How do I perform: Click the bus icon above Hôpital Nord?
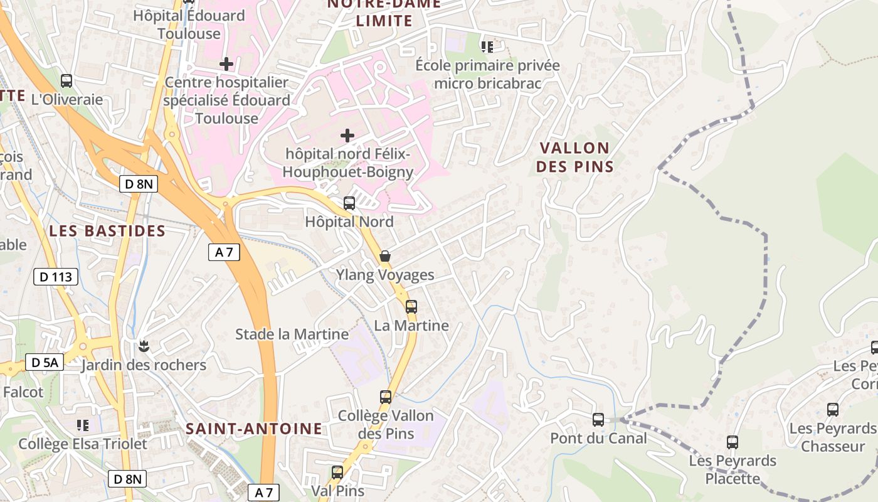tap(349, 203)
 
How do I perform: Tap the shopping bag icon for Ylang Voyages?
tap(385, 256)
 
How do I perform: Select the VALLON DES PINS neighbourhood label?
tap(574, 157)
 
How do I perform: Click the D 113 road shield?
tap(55, 277)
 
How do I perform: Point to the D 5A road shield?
tap(45, 362)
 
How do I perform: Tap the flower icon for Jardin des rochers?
tap(144, 346)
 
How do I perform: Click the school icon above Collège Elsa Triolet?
tap(83, 425)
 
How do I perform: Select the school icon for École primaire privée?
tap(487, 46)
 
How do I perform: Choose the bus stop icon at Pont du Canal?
tap(598, 419)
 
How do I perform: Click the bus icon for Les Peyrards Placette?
tap(733, 442)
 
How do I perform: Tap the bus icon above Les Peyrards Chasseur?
tap(833, 410)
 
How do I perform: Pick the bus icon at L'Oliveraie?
tap(66, 81)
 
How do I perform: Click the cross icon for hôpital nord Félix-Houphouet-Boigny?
tap(347, 136)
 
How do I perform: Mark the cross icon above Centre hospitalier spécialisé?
tap(226, 64)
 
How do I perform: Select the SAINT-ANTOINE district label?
tap(254, 429)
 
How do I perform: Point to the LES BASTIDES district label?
tap(107, 231)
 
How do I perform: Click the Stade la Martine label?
tap(292, 334)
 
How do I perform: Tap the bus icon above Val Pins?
tap(337, 472)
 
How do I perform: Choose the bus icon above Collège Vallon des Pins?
tap(386, 397)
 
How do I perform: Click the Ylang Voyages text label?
tap(385, 275)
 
